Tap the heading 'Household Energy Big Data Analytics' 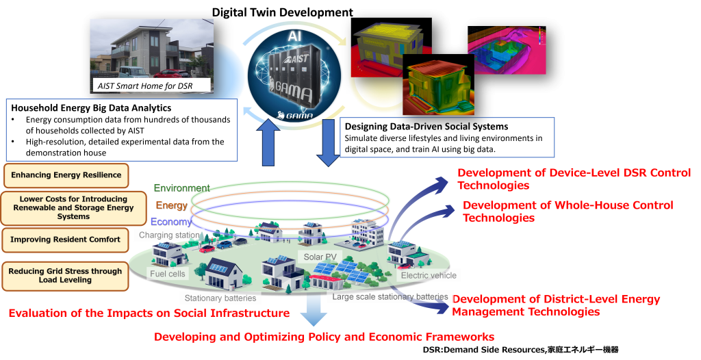coord(92,108)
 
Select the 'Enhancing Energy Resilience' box coord(66,175)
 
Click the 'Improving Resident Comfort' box coord(66,240)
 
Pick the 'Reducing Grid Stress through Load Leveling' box coord(66,276)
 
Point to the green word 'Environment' coord(181,188)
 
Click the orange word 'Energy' coord(171,205)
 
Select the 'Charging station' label coord(168,235)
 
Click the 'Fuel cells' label coord(168,274)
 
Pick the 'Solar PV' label coord(318,257)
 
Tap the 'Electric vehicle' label coord(429,275)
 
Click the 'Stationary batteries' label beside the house coord(220,298)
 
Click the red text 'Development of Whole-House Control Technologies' coord(568,211)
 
